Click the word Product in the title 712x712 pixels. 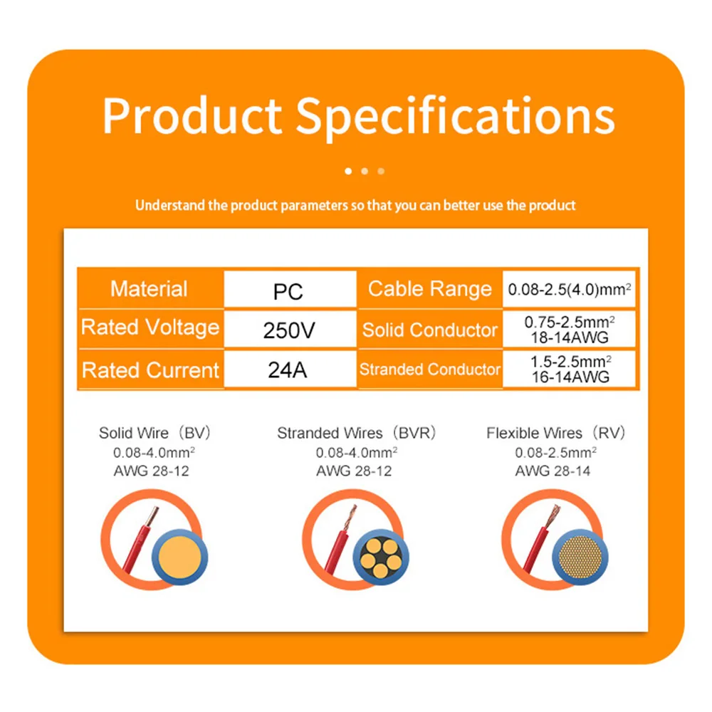(x=192, y=115)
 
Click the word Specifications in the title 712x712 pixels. (x=456, y=117)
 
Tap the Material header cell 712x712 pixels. (x=149, y=289)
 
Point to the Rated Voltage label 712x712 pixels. (x=150, y=328)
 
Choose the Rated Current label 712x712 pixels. (x=150, y=370)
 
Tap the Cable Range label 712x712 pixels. (x=430, y=289)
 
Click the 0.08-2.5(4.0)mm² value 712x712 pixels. (x=570, y=289)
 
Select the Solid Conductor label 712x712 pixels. (x=430, y=330)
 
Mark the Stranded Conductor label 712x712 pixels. (x=430, y=369)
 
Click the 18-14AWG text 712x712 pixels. (x=570, y=337)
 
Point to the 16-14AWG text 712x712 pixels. (x=570, y=377)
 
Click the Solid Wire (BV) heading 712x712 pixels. (x=155, y=433)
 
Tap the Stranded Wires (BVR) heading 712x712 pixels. (x=357, y=433)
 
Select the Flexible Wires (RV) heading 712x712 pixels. (x=556, y=433)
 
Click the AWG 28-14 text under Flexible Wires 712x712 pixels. (x=553, y=471)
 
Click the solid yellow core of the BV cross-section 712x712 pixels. (x=180, y=557)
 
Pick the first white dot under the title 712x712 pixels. (x=348, y=171)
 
